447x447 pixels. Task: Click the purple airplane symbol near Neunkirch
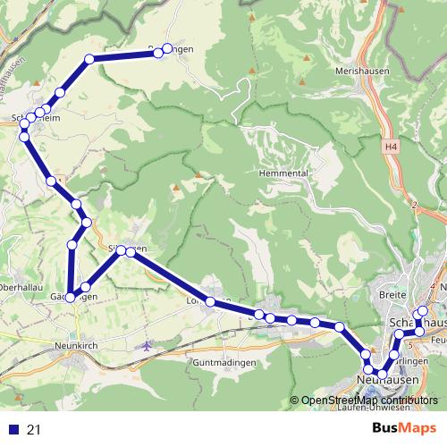[x=148, y=344]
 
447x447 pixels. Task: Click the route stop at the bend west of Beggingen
[x=89, y=59]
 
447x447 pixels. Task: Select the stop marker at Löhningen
[x=210, y=303]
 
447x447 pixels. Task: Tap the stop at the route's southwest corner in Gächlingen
[x=70, y=298]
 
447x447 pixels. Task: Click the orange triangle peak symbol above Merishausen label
[x=308, y=59]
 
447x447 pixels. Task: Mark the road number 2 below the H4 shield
[x=415, y=204]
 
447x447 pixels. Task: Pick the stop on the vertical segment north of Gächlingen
[x=72, y=244]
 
